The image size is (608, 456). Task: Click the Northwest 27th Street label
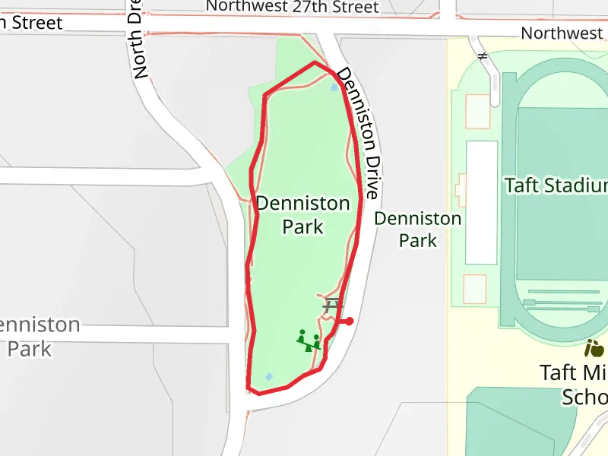pyautogui.click(x=293, y=7)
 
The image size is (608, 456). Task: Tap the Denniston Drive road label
pyautogui.click(x=357, y=133)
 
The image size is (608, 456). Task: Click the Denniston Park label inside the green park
pyautogui.click(x=303, y=215)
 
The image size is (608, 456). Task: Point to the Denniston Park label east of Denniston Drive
pyautogui.click(x=418, y=230)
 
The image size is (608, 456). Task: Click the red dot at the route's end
pyautogui.click(x=350, y=321)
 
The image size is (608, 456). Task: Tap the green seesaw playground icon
pyautogui.click(x=309, y=340)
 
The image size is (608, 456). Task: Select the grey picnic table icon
pyautogui.click(x=332, y=306)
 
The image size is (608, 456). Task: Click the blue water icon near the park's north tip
pyautogui.click(x=334, y=87)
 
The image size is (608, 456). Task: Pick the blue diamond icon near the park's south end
pyautogui.click(x=268, y=377)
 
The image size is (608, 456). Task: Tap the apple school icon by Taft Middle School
pyautogui.click(x=594, y=349)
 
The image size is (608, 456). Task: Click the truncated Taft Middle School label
pyautogui.click(x=574, y=385)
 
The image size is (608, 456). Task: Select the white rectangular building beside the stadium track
pyautogui.click(x=481, y=202)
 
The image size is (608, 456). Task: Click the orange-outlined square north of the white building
pyautogui.click(x=477, y=112)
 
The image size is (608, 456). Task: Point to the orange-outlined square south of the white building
pyautogui.click(x=474, y=288)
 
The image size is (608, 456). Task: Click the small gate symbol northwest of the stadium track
pyautogui.click(x=482, y=55)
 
